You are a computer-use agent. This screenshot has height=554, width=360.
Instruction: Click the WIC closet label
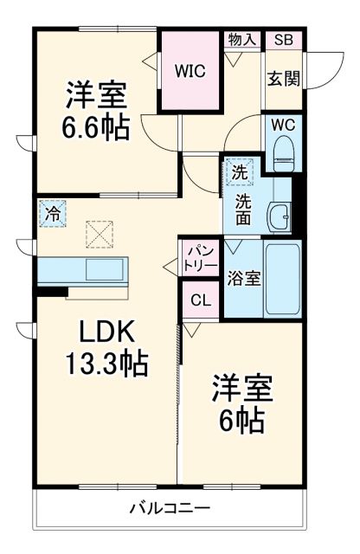click(x=190, y=71)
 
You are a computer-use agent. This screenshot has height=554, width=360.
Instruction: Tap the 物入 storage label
click(x=242, y=40)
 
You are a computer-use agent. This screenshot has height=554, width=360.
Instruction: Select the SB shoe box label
click(x=283, y=40)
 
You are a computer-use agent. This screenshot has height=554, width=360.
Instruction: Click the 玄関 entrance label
click(x=283, y=79)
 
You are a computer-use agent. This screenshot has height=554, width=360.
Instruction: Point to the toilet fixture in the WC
click(x=283, y=154)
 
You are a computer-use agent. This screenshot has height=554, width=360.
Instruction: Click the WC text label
click(x=283, y=125)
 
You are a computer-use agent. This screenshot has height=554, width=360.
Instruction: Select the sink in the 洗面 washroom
click(x=279, y=216)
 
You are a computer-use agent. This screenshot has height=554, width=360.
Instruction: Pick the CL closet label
click(x=200, y=301)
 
